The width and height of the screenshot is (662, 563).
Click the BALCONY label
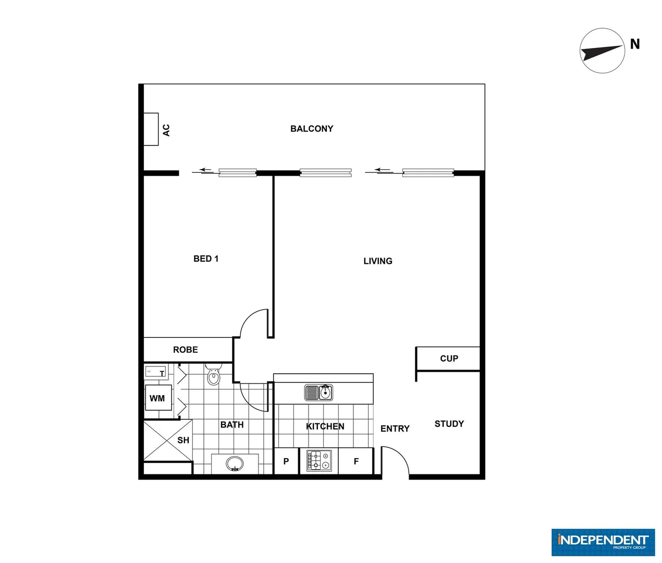312,129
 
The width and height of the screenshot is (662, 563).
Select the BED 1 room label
206,259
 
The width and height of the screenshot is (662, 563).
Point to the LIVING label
378,261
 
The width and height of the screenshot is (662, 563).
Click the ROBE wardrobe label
186,350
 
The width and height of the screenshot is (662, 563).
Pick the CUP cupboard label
449,359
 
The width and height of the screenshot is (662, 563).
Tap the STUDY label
449,424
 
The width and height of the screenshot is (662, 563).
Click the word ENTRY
395,429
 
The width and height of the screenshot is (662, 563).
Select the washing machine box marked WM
157,398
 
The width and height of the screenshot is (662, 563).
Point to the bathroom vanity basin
235,463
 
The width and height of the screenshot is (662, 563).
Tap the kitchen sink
318,392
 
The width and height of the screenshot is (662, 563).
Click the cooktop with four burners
319,460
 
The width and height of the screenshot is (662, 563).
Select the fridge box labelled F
356,461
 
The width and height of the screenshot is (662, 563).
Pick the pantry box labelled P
286,461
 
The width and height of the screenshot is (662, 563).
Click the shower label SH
183,440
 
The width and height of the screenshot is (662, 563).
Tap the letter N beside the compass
634,44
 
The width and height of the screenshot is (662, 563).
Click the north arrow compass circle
602,51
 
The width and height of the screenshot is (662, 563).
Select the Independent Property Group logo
603,542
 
